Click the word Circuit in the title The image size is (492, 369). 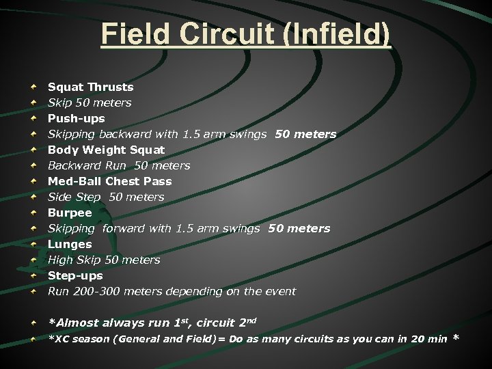pyautogui.click(x=209, y=34)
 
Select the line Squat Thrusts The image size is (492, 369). pyautogui.click(x=90, y=87)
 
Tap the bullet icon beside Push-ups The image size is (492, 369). pyautogui.click(x=33, y=119)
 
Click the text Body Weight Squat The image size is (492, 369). pyautogui.click(x=106, y=150)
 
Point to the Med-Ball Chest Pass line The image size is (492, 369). pyautogui.click(x=109, y=181)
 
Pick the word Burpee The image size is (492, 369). pyautogui.click(x=70, y=213)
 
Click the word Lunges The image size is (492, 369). pyautogui.click(x=70, y=244)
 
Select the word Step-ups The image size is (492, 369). pyautogui.click(x=75, y=275)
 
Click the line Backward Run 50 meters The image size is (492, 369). pyautogui.click(x=119, y=165)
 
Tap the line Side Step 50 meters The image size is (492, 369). pyautogui.click(x=106, y=197)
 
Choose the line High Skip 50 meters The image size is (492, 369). pyautogui.click(x=104, y=260)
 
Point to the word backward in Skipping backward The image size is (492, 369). pyautogui.click(x=124, y=134)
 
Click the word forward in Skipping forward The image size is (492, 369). pyautogui.click(x=124, y=228)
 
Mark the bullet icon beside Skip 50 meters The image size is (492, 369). pyautogui.click(x=33, y=103)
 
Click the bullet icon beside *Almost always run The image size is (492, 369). pyautogui.click(x=33, y=323)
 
